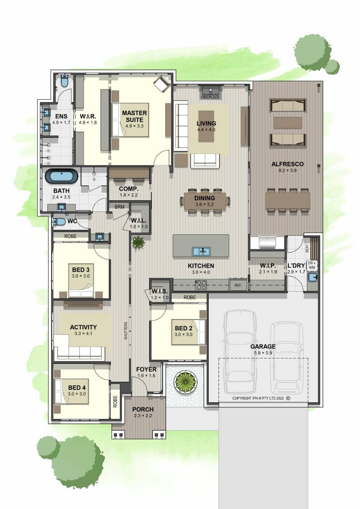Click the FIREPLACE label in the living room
point(210,97)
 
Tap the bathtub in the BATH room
point(62,176)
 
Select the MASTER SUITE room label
point(134,116)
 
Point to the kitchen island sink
point(201,251)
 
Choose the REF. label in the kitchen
point(238,285)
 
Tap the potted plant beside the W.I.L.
point(138,242)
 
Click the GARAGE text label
point(263,346)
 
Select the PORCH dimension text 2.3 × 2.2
point(143,415)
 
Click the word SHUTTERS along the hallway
point(125,331)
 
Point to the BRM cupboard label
point(120,207)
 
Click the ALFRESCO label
point(287,164)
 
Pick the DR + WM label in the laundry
point(312,265)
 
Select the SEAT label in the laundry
point(307,248)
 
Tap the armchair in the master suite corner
point(162,83)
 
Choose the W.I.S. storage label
point(159,291)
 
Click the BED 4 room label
point(77,388)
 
